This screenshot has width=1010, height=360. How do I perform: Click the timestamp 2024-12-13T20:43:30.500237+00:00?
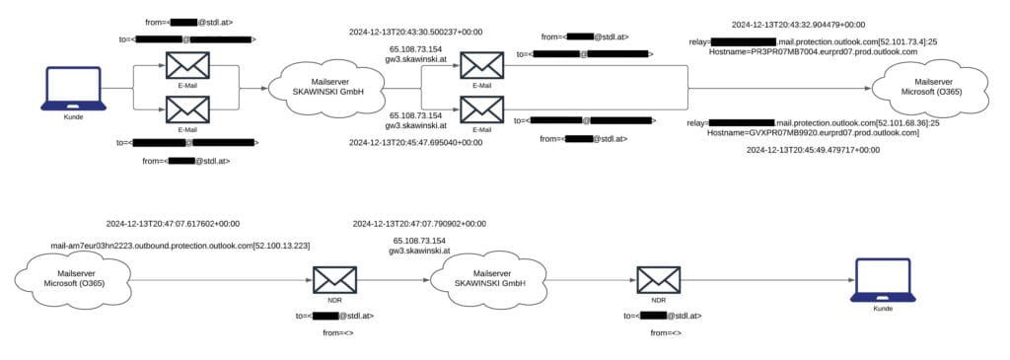[415, 32]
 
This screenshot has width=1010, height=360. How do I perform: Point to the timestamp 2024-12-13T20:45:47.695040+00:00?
[415, 142]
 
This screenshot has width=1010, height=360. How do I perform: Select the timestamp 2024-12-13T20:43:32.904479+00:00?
[798, 23]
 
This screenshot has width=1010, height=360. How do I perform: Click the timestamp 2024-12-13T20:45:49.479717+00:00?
[813, 150]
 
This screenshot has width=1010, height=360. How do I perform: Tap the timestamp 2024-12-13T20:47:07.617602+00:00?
[173, 224]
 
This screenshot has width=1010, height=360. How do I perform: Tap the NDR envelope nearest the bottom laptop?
[658, 280]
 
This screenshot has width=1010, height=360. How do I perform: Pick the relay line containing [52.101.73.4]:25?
[813, 41]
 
